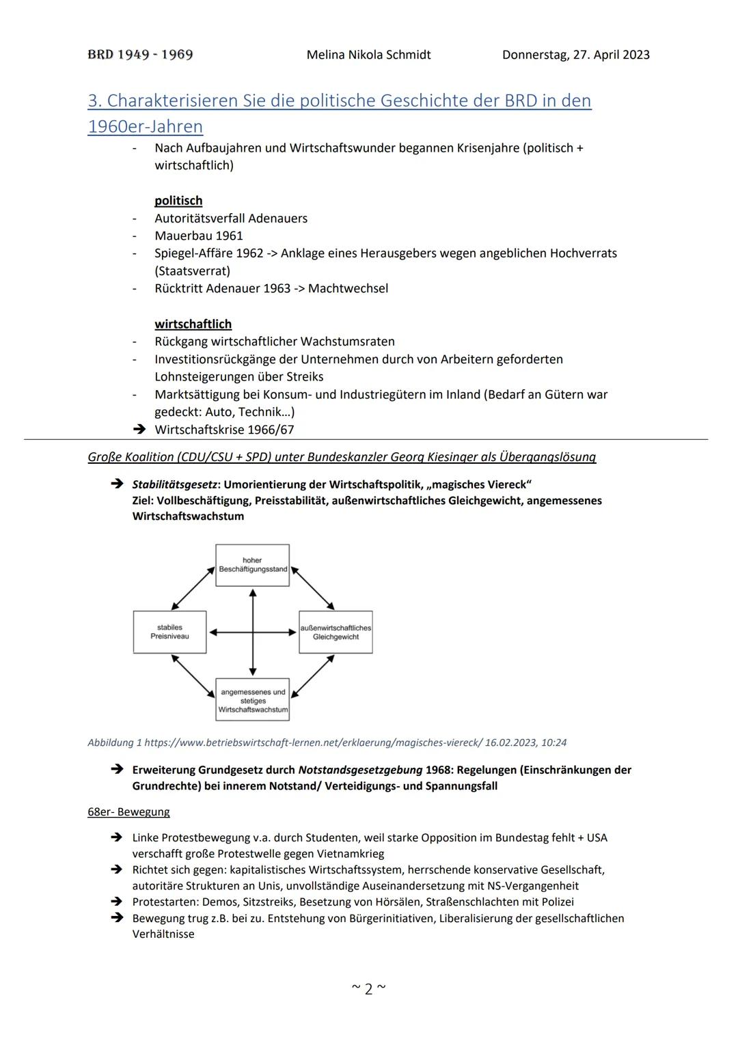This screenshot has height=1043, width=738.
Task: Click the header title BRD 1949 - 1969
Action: tap(140, 55)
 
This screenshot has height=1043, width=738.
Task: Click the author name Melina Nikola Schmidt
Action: tap(368, 55)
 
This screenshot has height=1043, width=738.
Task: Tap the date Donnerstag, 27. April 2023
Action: tap(575, 55)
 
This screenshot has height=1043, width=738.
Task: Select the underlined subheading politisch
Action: tap(178, 201)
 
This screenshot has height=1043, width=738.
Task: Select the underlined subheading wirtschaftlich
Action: tap(193, 324)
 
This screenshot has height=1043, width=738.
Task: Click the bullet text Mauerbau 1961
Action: tap(199, 236)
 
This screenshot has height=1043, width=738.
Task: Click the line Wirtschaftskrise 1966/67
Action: tap(224, 430)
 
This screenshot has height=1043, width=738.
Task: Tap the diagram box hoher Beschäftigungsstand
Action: tap(252, 565)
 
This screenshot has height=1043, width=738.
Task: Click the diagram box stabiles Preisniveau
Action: tap(169, 632)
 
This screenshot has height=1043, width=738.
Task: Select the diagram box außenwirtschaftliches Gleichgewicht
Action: tap(336, 632)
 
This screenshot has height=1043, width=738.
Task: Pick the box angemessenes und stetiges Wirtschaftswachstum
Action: tap(252, 700)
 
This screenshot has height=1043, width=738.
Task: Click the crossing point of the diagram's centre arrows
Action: tap(253, 632)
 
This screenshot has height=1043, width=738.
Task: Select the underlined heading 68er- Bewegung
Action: tap(128, 812)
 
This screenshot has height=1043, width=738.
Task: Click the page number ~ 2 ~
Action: tap(368, 988)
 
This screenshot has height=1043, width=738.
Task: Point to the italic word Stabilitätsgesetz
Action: tap(174, 484)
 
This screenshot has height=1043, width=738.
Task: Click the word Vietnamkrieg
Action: tap(350, 854)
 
